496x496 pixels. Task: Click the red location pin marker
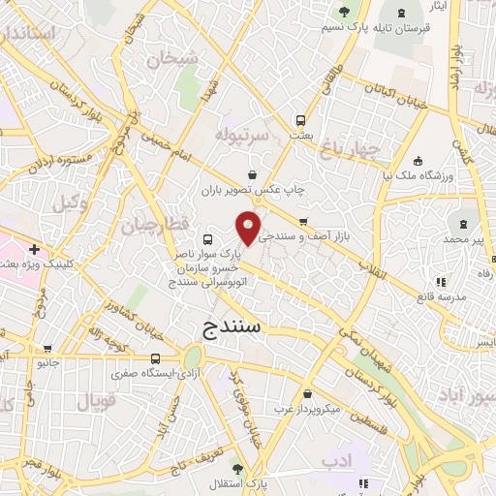click(249, 227)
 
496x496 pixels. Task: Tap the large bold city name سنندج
click(233, 326)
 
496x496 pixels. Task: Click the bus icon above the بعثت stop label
click(300, 121)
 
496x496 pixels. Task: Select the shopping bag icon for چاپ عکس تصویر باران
click(252, 174)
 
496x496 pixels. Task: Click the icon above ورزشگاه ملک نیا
click(417, 161)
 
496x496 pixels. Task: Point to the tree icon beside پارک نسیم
click(344, 12)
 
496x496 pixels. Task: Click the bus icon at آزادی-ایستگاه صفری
click(156, 357)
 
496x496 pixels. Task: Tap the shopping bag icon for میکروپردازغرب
click(307, 394)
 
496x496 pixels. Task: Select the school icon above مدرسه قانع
click(440, 282)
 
